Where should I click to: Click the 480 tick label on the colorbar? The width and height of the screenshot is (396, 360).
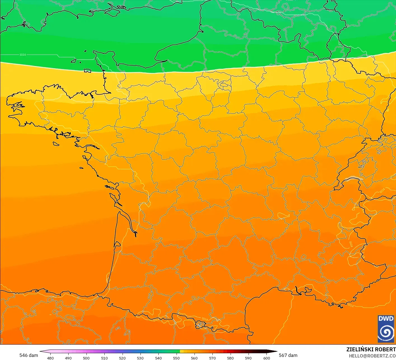50,358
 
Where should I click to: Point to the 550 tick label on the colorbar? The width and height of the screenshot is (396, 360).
176,358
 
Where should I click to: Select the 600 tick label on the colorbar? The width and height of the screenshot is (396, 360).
267,358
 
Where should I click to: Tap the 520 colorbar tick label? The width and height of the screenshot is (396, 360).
122,358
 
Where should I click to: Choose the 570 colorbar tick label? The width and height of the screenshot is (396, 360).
212,358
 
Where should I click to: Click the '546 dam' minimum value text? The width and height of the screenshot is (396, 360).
29,355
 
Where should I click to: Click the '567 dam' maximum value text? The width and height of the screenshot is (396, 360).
288,355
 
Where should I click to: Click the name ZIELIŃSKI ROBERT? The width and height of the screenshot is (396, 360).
371,349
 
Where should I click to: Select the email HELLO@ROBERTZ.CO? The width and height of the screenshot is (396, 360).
372,356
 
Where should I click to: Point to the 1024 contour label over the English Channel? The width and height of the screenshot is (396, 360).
23,55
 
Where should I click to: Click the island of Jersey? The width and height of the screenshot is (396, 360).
88,71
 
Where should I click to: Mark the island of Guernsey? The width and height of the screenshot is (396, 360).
74,61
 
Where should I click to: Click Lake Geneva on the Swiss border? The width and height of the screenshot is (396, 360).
353,178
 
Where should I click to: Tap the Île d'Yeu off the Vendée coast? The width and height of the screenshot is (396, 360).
81,168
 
